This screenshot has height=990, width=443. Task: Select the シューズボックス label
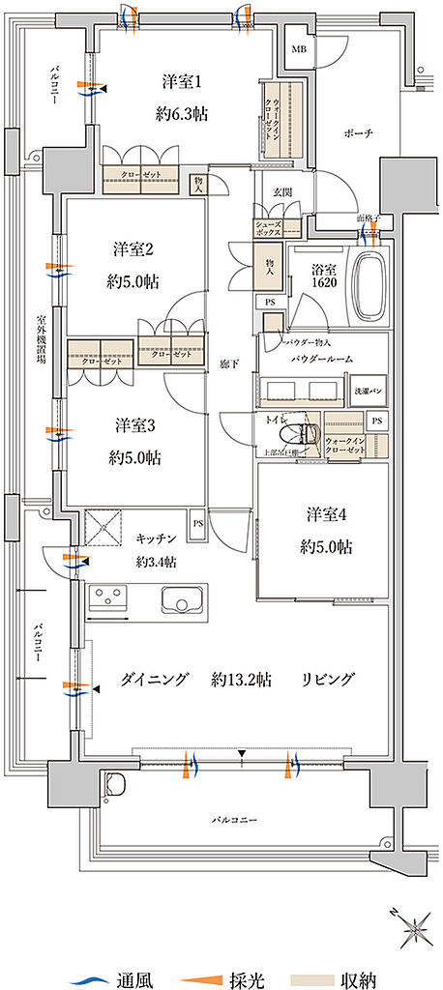268,228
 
